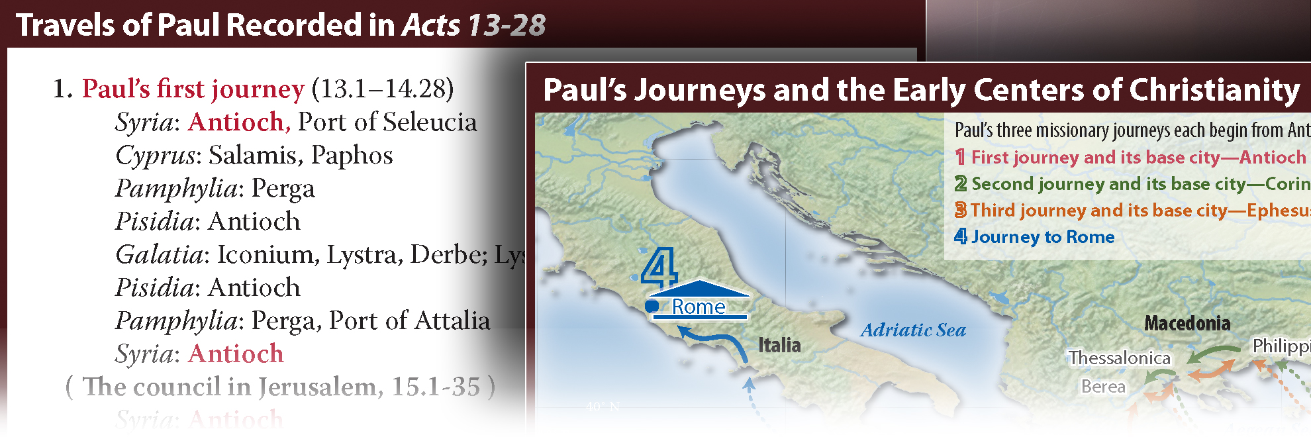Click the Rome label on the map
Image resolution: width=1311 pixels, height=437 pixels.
tap(699, 307)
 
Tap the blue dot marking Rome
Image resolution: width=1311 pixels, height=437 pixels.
tap(652, 306)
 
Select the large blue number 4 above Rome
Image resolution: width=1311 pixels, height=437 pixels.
tap(659, 267)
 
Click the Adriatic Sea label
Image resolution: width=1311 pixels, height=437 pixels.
tap(913, 330)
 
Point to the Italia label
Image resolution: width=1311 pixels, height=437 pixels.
tap(779, 345)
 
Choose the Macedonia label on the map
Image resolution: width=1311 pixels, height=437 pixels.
tap(1187, 323)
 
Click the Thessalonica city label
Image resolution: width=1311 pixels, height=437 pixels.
tap(1119, 358)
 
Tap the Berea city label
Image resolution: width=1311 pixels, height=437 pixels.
tap(1103, 387)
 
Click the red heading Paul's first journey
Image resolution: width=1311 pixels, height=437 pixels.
tap(193, 89)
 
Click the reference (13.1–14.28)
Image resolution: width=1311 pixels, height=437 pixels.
tap(383, 89)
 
